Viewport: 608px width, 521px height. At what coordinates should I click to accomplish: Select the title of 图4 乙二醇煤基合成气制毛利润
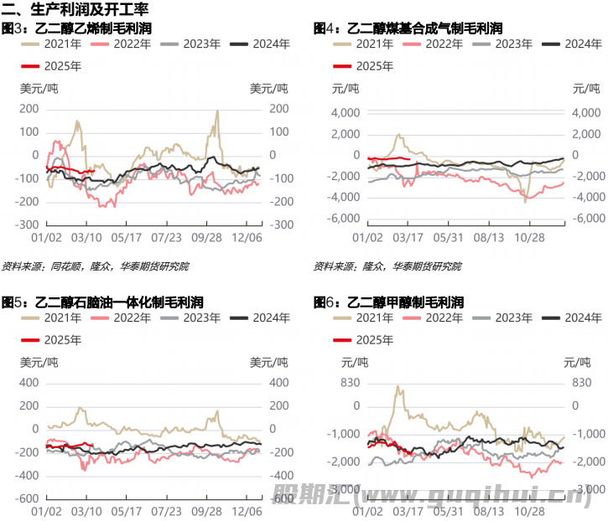pos(408,28)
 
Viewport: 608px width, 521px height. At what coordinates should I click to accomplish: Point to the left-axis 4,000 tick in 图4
pos(345,113)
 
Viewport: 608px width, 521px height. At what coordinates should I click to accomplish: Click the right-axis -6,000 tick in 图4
pos(587,218)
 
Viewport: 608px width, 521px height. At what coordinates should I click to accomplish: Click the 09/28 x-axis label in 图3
pos(205,238)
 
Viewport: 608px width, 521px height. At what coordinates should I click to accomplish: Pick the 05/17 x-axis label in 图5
pos(126,509)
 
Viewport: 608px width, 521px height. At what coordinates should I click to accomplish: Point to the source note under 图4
pos(387,266)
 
